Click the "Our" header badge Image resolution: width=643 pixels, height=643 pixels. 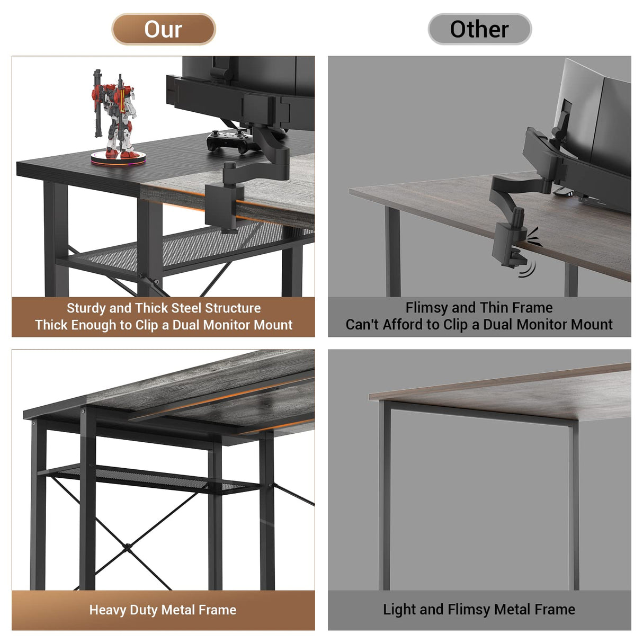(x=163, y=29)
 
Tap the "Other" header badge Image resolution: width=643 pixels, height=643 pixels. (x=479, y=29)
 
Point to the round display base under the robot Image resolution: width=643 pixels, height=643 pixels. (x=118, y=157)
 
